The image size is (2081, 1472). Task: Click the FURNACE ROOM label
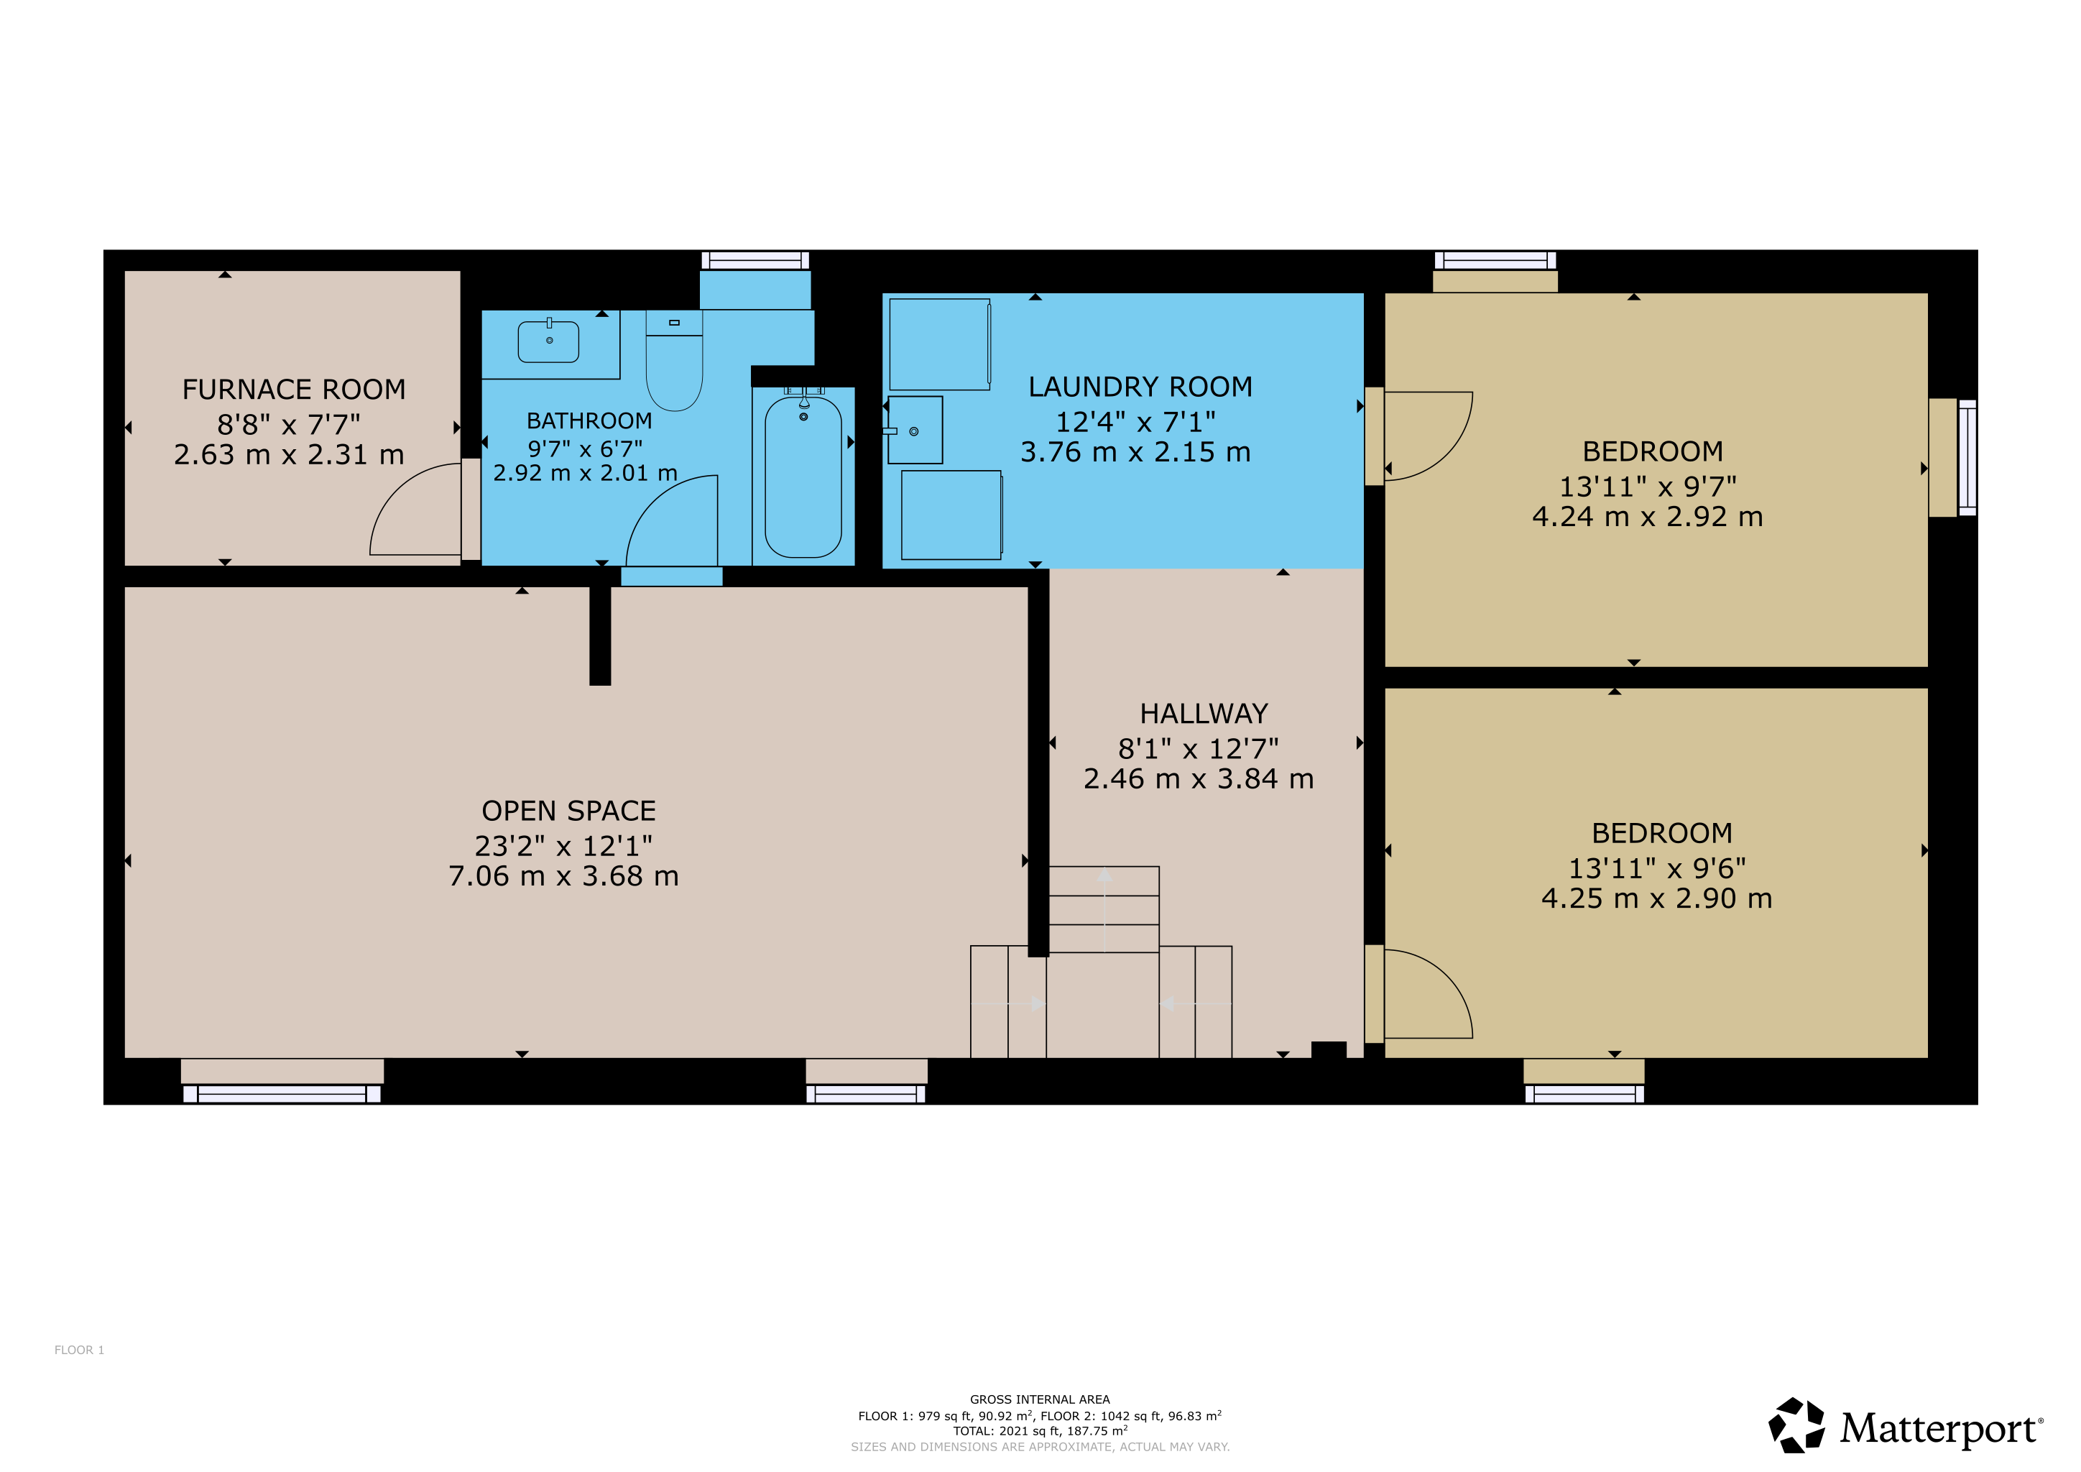tap(294, 390)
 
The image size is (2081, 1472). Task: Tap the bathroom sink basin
tap(548, 341)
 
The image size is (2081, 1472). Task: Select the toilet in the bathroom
tap(674, 360)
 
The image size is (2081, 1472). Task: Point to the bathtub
tap(803, 477)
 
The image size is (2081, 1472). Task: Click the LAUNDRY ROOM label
tap(1140, 387)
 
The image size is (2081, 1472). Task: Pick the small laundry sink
tap(915, 431)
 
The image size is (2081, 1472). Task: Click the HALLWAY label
tap(1204, 714)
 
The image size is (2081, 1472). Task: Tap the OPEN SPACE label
tap(568, 811)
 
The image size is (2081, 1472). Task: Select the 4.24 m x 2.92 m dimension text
tap(1648, 517)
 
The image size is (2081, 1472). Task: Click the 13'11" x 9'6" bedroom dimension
tap(1657, 868)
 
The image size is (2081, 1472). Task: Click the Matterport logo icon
tap(1796, 1426)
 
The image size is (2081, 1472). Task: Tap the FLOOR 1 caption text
tap(80, 1351)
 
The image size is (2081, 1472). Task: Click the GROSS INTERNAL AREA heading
tap(1040, 1399)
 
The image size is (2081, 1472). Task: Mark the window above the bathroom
tap(755, 261)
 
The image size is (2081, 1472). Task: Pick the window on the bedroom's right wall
tap(1967, 458)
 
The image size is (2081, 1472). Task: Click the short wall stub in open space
tap(600, 635)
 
